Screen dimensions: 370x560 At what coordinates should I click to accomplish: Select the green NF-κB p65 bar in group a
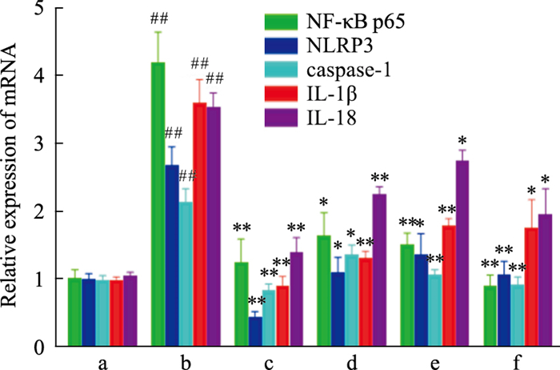tap(74, 312)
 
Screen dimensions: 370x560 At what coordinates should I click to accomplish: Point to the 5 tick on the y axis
tap(41, 8)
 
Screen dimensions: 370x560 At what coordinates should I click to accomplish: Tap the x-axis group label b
tap(186, 362)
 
